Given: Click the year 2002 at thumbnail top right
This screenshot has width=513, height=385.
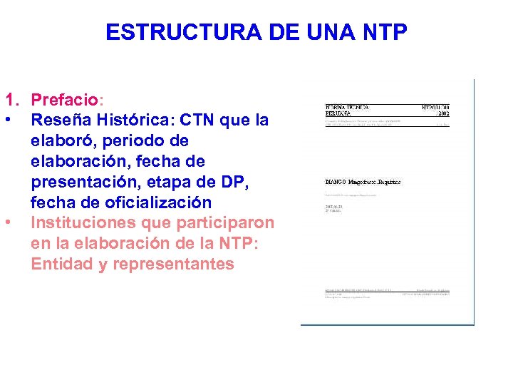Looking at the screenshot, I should [x=443, y=113].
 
